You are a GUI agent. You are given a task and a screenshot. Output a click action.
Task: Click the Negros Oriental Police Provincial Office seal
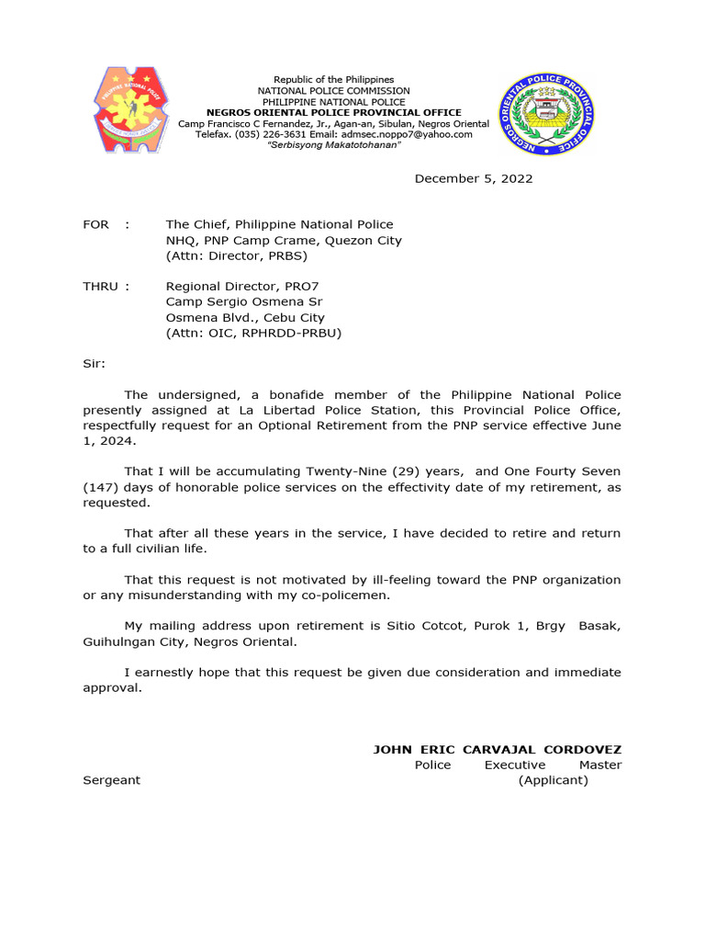coord(547,113)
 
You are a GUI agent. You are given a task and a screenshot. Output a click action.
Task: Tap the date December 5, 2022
coord(473,178)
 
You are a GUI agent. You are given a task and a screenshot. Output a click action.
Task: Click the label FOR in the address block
coord(95,224)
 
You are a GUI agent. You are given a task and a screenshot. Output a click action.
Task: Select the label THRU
coord(102,286)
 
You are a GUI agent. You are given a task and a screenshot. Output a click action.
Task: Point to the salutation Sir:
coord(95,363)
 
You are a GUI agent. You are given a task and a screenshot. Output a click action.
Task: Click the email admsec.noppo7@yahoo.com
coord(413,134)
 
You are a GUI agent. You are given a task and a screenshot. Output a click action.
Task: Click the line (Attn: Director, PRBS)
coord(236,255)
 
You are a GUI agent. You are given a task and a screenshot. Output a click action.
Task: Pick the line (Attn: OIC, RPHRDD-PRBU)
coord(253,333)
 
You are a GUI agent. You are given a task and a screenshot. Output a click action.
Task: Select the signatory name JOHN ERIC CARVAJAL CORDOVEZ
coord(497,750)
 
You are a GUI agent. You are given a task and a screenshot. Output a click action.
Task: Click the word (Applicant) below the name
coord(553,780)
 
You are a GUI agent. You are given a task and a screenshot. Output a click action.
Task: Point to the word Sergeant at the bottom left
coord(112,780)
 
